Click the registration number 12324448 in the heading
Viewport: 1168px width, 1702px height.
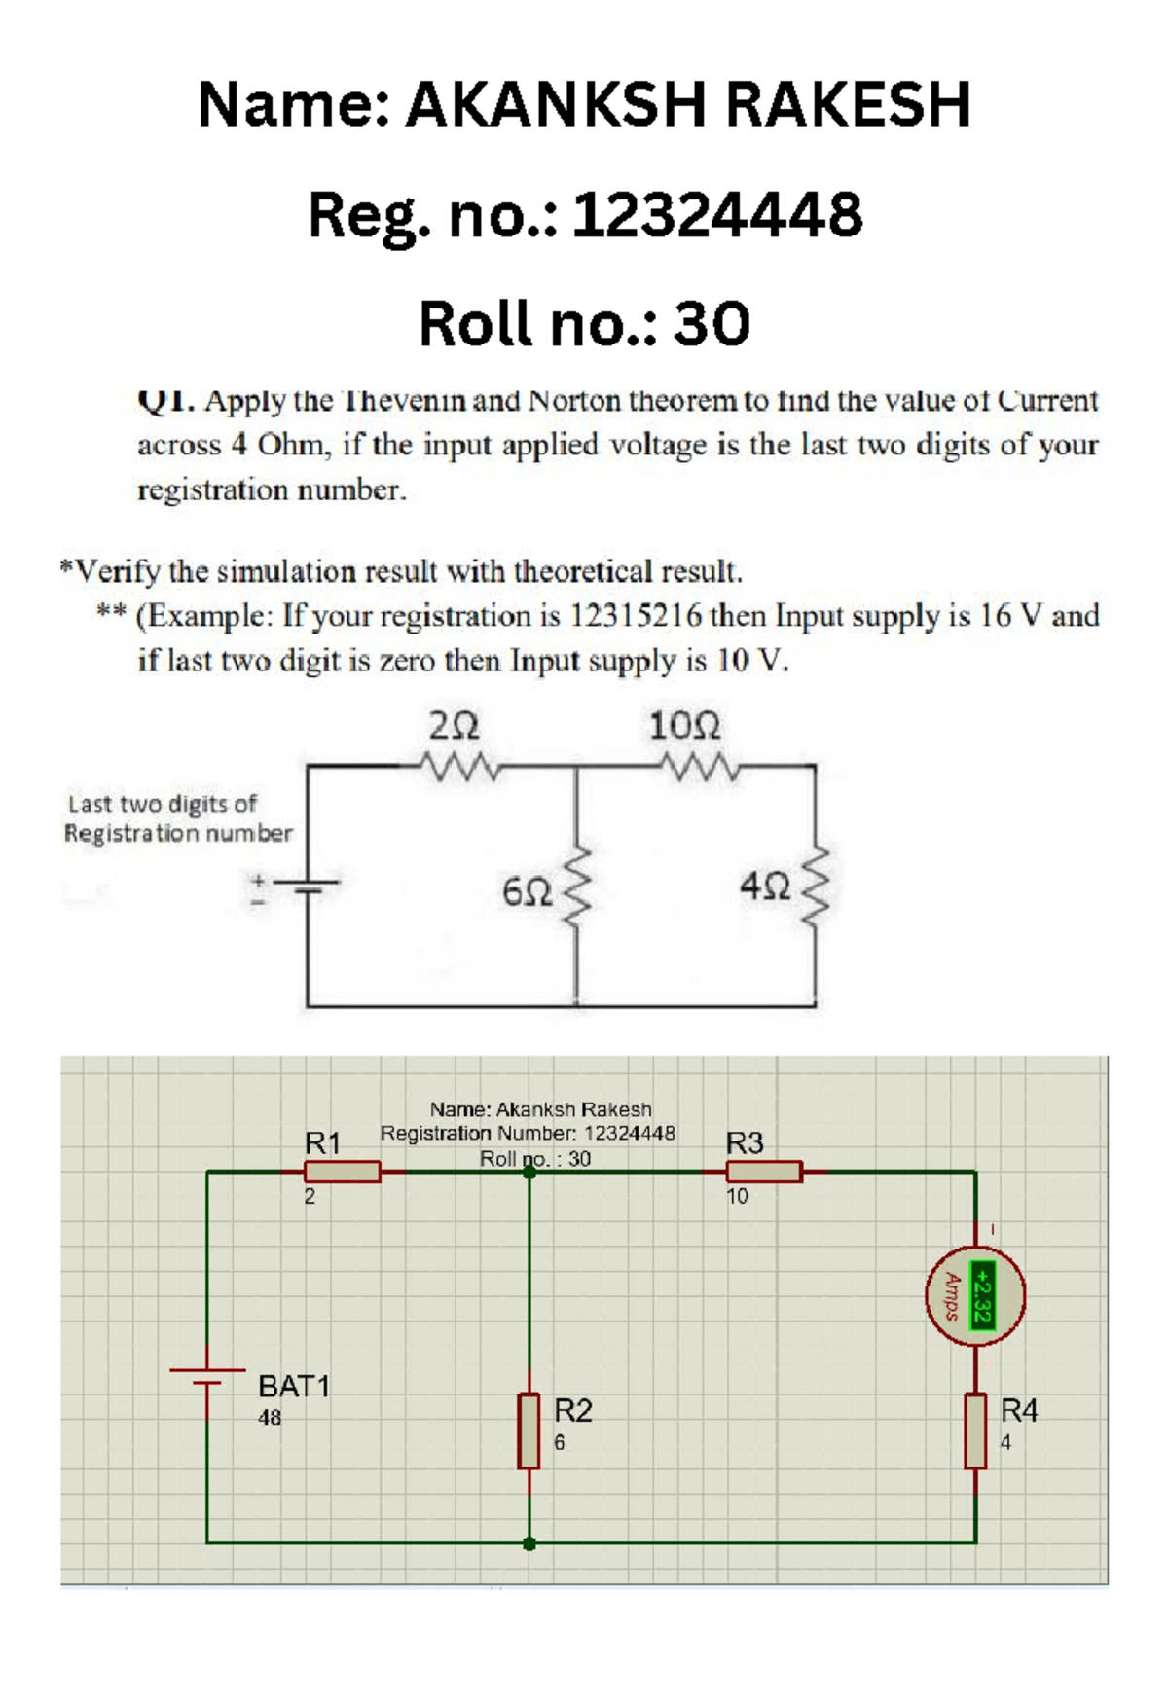pyautogui.click(x=716, y=215)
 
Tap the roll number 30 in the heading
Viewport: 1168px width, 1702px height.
pyautogui.click(x=712, y=324)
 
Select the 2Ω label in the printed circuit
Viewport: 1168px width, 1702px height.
pyautogui.click(x=454, y=726)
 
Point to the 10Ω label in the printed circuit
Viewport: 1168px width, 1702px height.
pyautogui.click(x=684, y=726)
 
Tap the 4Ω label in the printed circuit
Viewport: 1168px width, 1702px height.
pyautogui.click(x=764, y=887)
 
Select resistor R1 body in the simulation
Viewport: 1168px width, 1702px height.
pyautogui.click(x=342, y=1172)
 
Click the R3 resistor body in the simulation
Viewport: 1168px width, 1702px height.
pyautogui.click(x=764, y=1172)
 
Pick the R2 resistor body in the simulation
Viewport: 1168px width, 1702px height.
pyautogui.click(x=529, y=1430)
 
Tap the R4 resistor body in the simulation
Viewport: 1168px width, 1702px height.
pyautogui.click(x=975, y=1430)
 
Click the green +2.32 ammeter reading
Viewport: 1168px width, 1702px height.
pyautogui.click(x=983, y=1296)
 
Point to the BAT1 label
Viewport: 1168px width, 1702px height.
pyautogui.click(x=294, y=1386)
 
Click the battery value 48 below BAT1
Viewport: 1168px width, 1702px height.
pyautogui.click(x=270, y=1418)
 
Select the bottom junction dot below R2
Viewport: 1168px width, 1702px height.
pyautogui.click(x=529, y=1543)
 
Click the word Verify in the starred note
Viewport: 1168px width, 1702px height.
pyautogui.click(x=118, y=571)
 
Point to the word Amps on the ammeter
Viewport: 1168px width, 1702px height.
pyautogui.click(x=953, y=1296)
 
